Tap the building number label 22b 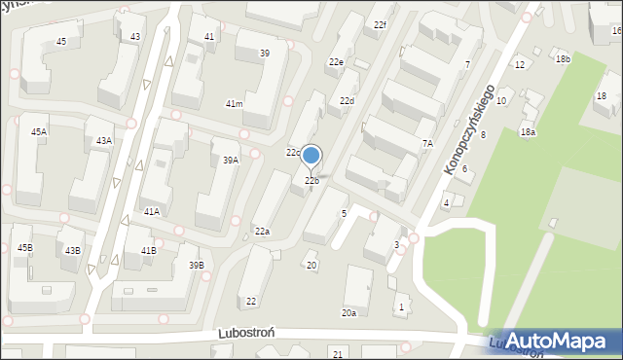[x=311, y=181]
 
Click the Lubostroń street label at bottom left [x=250, y=332]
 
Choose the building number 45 [x=61, y=42]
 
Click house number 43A [x=103, y=141]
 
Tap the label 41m [x=234, y=104]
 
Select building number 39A [x=230, y=161]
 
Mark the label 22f [x=380, y=24]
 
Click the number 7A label [x=426, y=143]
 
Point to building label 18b [x=563, y=59]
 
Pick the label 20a [x=348, y=313]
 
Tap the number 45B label [x=24, y=248]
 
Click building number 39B [x=197, y=266]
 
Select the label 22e [x=336, y=62]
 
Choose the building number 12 [x=520, y=65]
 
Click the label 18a [x=528, y=131]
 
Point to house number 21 [x=338, y=352]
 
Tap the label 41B [x=148, y=251]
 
